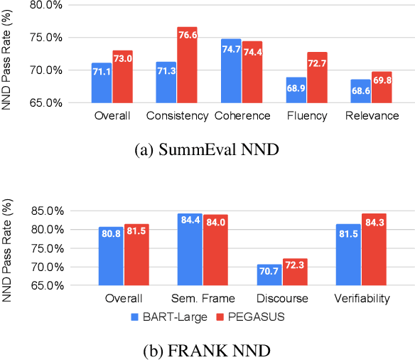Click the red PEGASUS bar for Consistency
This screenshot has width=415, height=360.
(x=187, y=65)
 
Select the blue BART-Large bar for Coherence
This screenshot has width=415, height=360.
(x=231, y=70)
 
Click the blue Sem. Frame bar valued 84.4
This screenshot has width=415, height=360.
(x=190, y=249)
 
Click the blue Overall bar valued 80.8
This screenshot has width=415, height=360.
(x=111, y=256)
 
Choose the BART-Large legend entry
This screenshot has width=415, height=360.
(x=168, y=317)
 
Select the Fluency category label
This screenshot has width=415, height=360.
(x=306, y=115)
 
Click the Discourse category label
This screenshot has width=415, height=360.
(x=282, y=299)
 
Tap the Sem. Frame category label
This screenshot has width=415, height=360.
(x=203, y=299)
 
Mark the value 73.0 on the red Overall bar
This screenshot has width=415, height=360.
(x=122, y=58)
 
